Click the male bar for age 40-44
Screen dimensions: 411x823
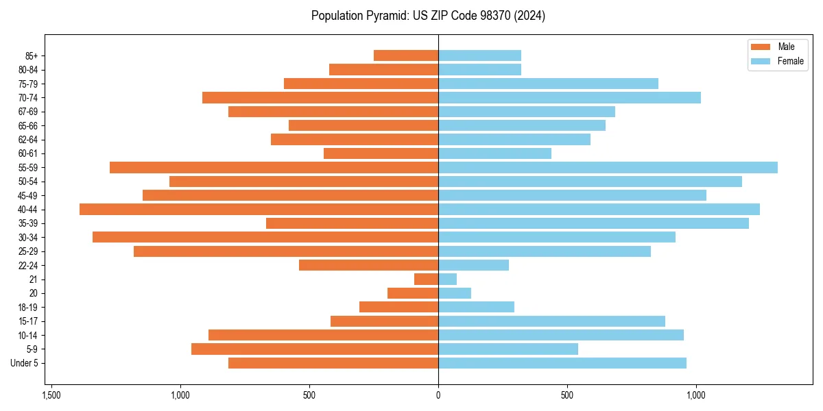(259, 210)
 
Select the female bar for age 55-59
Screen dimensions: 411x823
(608, 168)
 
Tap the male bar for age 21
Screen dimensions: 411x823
(426, 279)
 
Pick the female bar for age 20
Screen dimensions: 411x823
(455, 293)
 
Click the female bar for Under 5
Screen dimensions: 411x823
(562, 363)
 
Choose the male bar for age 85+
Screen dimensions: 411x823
(406, 55)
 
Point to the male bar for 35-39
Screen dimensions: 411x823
(352, 223)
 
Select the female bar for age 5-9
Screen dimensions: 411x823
(508, 349)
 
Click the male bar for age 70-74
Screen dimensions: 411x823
(320, 98)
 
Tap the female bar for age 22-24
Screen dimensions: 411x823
(473, 265)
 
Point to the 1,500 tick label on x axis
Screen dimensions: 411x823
(51, 396)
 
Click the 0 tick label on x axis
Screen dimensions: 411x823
(438, 396)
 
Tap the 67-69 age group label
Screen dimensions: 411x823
(28, 112)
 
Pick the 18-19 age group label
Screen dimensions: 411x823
(28, 308)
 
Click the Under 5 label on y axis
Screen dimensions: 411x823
(25, 363)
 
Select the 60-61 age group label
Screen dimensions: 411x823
(28, 153)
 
